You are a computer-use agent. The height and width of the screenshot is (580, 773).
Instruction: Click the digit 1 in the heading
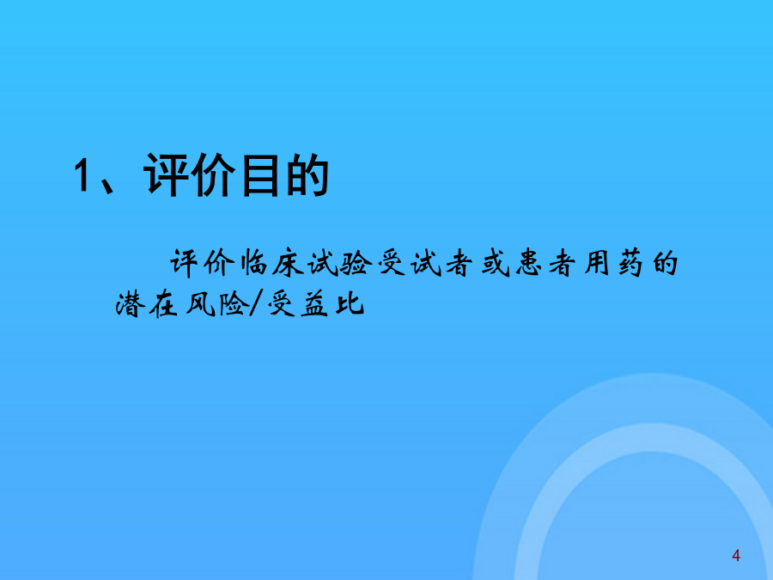point(82,175)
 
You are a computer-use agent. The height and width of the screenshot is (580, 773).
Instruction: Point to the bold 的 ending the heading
point(307,175)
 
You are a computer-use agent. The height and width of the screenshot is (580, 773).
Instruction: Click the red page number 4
point(736,556)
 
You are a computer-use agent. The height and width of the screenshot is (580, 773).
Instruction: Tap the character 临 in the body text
point(253,263)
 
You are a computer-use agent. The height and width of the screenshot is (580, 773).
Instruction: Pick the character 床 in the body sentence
point(288,264)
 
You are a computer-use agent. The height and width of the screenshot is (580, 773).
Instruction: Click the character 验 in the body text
point(356,264)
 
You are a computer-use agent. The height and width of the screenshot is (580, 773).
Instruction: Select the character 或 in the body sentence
point(495,264)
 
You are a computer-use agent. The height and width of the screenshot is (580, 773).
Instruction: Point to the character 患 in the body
point(529,264)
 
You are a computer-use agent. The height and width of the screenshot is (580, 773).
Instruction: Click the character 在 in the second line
point(163,304)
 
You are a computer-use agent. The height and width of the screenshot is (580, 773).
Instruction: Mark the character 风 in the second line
point(200,304)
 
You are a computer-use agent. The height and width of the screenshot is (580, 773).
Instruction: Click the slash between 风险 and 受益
point(255,304)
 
